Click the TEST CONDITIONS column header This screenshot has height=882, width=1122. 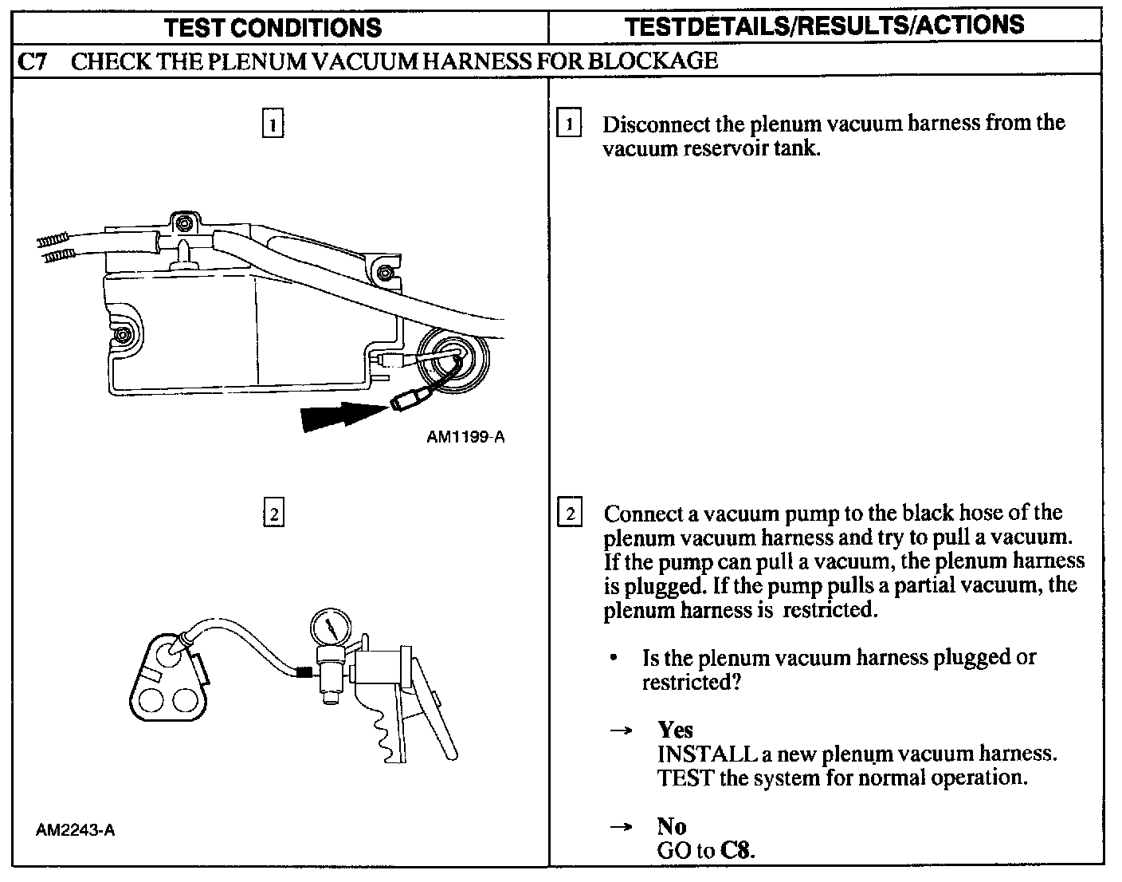(273, 28)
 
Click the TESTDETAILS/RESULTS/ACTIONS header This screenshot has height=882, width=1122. (825, 26)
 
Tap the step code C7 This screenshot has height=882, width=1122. (32, 62)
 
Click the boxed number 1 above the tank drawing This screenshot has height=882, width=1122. (273, 123)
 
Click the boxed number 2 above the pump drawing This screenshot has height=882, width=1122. (273, 512)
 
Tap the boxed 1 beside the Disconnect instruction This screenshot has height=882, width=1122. (568, 123)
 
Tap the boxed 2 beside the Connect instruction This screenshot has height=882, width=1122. (570, 511)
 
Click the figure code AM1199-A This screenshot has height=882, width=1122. (465, 437)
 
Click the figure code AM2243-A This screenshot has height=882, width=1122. (76, 830)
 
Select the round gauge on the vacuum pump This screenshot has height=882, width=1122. (331, 628)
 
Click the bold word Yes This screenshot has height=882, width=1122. (675, 730)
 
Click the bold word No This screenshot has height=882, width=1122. (671, 826)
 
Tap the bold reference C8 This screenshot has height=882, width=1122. (737, 850)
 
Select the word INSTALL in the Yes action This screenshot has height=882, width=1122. (707, 754)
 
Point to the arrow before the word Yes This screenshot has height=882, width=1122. (621, 730)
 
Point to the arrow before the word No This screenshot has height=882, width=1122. (621, 827)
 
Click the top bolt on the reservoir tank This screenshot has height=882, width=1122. (184, 224)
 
